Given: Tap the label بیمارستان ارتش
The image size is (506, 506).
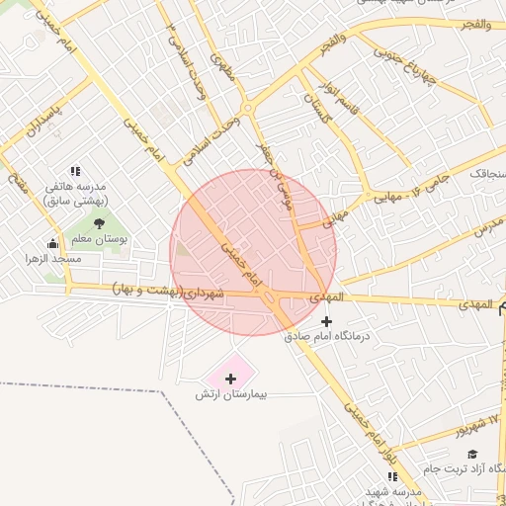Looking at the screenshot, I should (232, 394).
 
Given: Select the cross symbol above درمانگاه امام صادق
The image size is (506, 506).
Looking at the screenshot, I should (327, 320).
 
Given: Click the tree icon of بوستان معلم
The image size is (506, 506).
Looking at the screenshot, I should (99, 223).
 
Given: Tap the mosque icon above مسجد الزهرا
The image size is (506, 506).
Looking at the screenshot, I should (52, 243).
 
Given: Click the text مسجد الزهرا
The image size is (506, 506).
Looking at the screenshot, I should (53, 258).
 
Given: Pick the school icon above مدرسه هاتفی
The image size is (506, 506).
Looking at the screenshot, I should (76, 171).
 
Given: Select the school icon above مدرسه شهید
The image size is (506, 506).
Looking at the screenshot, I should (392, 476).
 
